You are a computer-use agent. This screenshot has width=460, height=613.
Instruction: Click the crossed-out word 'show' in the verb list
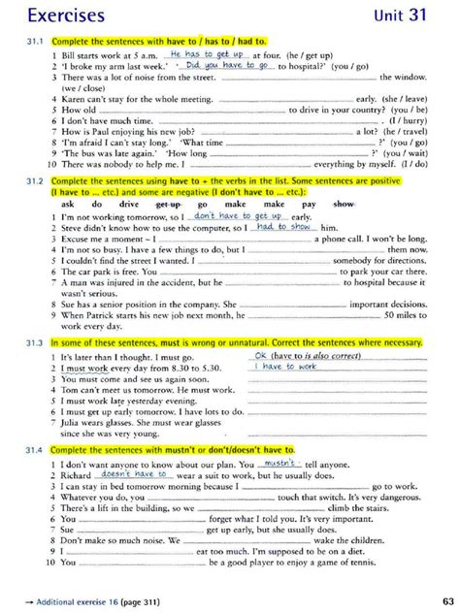344,205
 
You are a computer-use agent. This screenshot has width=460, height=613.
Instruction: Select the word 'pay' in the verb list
308,205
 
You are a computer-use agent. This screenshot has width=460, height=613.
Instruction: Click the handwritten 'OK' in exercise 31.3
259,356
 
